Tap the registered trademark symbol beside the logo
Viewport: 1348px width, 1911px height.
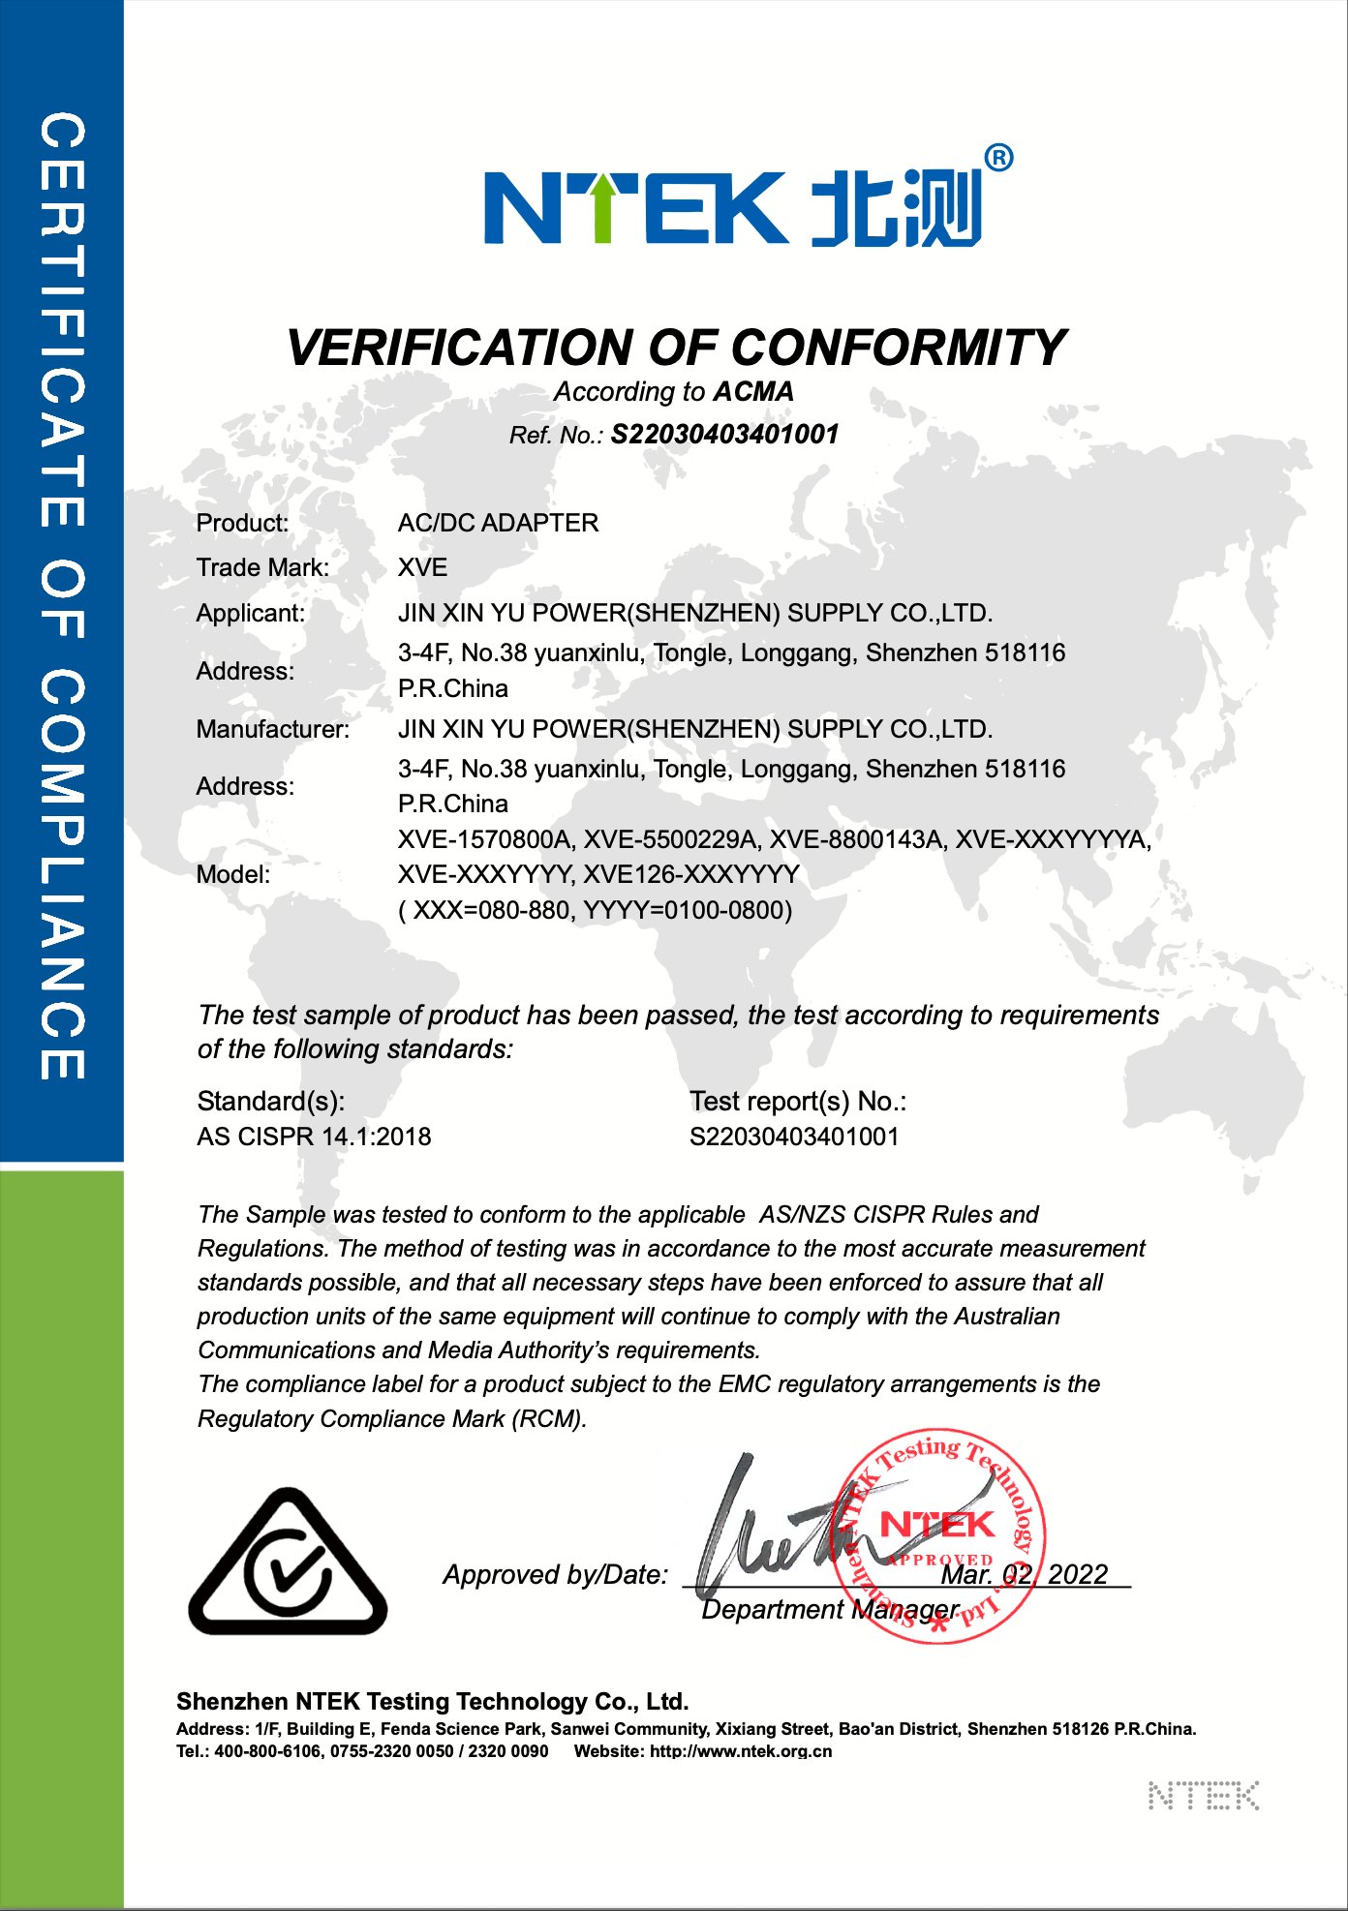[998, 158]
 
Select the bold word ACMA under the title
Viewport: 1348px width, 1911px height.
[753, 391]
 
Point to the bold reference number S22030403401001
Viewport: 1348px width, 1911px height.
[724, 435]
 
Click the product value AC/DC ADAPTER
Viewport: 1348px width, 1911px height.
[498, 523]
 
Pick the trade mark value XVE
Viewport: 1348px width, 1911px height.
[422, 567]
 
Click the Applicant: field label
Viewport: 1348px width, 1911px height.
[250, 613]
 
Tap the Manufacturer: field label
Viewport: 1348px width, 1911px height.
[272, 729]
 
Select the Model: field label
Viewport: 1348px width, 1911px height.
[232, 874]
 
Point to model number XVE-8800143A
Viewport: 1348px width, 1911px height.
[855, 839]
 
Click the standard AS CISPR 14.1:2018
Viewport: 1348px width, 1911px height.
[314, 1137]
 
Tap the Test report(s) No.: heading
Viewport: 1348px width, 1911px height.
[797, 1101]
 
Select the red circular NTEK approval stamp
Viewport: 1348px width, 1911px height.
[937, 1536]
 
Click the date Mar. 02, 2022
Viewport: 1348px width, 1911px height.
[1024, 1574]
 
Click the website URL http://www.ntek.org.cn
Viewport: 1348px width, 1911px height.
[741, 1751]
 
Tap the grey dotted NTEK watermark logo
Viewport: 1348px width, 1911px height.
[1203, 1796]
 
